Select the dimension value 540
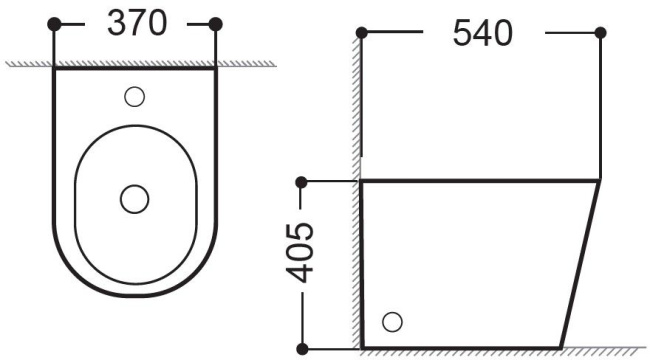(482, 33)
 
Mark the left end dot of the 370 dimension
(54, 22)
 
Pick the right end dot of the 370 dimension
(217, 22)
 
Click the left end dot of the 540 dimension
(361, 33)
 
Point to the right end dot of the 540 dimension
(600, 33)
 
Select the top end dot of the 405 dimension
(301, 182)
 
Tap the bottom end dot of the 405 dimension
(301, 348)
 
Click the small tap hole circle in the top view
(135, 96)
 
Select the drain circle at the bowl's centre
(134, 199)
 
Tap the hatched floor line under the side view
(500, 351)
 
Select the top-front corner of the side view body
(599, 182)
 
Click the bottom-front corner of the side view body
(563, 346)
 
